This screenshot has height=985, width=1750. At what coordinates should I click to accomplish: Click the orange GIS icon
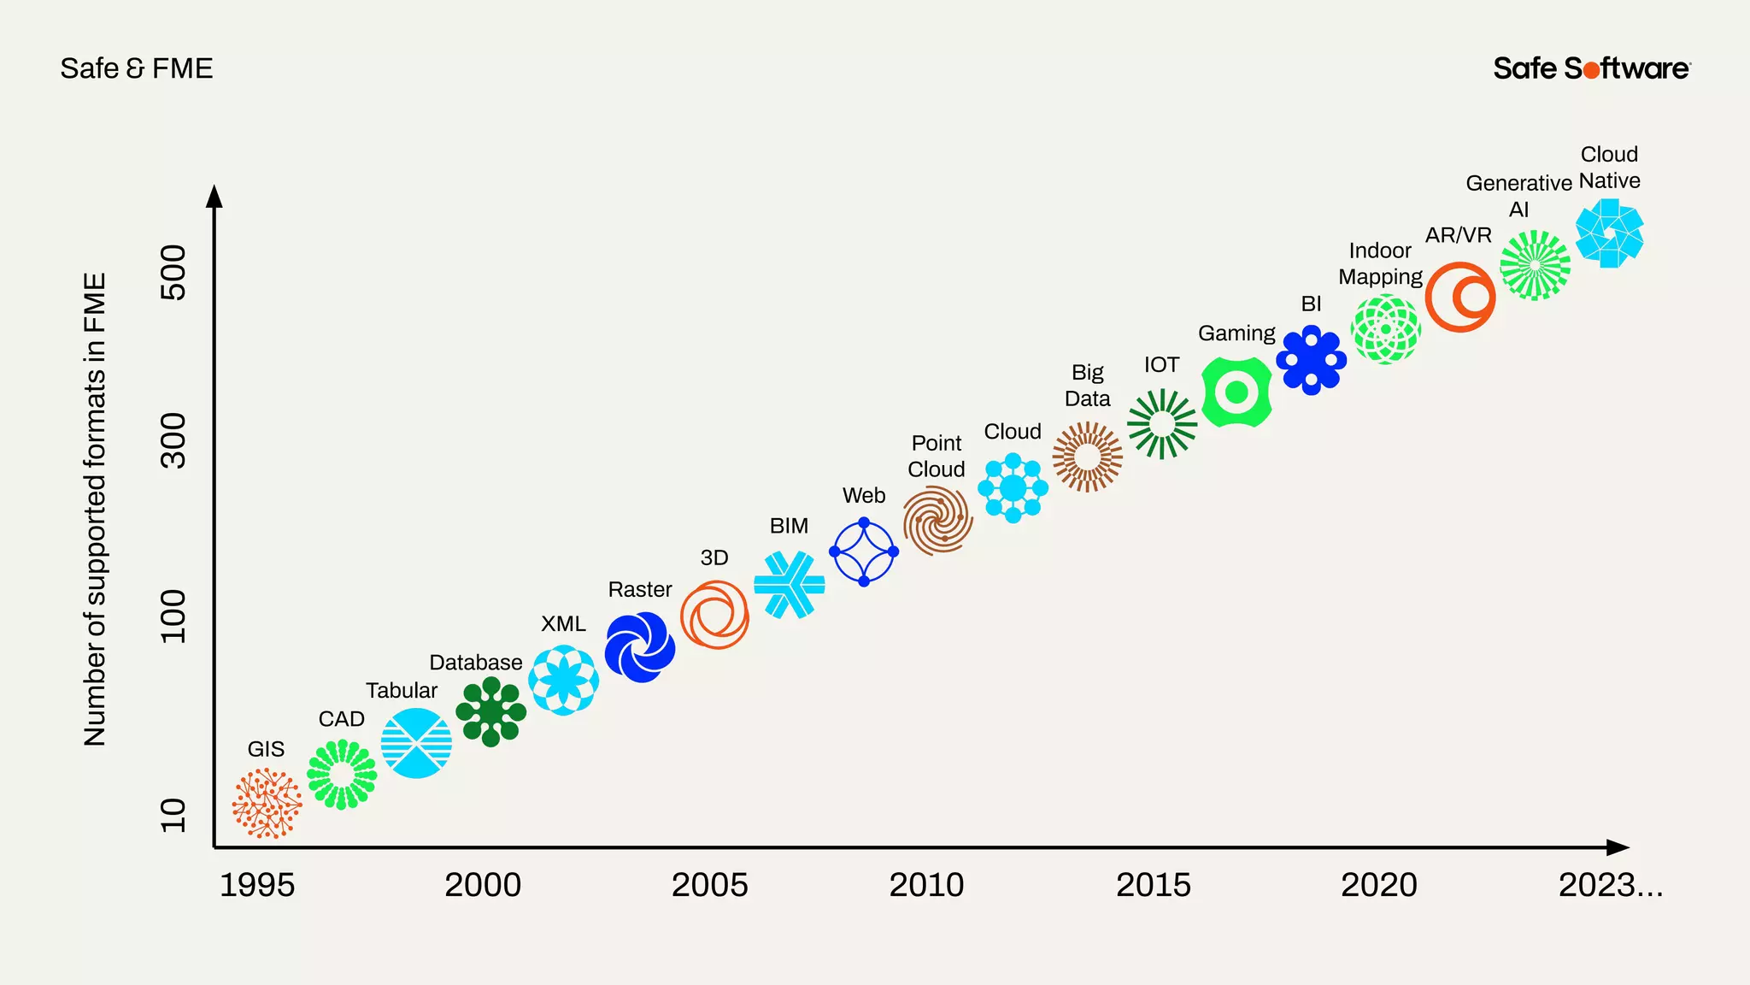tap(267, 803)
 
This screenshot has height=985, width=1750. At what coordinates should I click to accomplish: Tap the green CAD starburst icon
tap(342, 774)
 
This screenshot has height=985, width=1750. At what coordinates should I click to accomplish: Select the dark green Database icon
tap(490, 711)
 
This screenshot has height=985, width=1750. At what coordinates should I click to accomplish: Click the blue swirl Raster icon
tap(640, 647)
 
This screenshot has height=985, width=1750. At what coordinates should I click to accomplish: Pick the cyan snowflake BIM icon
tap(790, 585)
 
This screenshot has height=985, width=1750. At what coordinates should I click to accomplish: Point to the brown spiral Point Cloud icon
tap(938, 520)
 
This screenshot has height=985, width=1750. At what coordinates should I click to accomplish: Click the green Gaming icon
tap(1236, 392)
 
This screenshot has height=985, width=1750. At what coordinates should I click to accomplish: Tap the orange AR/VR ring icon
tap(1460, 297)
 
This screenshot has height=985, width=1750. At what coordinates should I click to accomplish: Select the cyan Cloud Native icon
tap(1609, 233)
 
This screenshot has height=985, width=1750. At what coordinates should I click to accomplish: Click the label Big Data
tap(1087, 386)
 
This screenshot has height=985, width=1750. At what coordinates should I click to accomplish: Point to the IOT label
tap(1161, 365)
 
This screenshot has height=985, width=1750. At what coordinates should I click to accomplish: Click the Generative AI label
tap(1518, 196)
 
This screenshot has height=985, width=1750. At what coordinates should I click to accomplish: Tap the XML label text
tap(563, 624)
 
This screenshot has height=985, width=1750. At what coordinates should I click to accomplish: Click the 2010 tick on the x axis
tap(926, 885)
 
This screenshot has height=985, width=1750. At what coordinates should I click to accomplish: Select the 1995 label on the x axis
tap(257, 885)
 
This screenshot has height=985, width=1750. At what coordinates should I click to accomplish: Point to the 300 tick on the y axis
tap(173, 440)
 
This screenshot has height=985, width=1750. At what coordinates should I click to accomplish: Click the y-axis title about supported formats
tap(95, 510)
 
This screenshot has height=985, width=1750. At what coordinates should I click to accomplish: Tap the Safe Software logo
tap(1591, 68)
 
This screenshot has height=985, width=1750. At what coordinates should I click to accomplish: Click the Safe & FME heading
tap(137, 68)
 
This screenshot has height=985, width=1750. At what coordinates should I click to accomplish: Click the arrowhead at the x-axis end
tap(1618, 847)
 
